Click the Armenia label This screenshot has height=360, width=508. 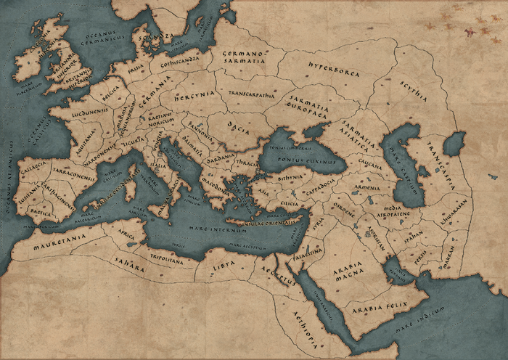click(361, 187)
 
